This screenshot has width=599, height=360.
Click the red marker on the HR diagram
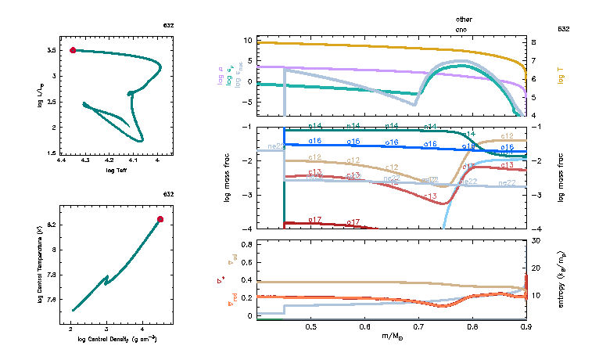click(73, 50)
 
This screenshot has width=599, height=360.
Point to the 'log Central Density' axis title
click(116, 337)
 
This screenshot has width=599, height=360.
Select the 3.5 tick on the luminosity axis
click(51, 50)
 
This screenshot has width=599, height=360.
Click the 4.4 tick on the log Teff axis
click(61, 160)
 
